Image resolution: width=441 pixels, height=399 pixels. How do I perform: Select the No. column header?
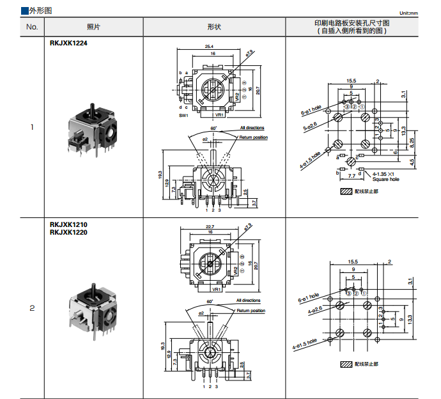click(x=32, y=27)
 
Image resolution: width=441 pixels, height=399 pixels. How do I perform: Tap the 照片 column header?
click(x=93, y=27)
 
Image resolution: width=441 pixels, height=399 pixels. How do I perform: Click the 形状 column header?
click(x=214, y=27)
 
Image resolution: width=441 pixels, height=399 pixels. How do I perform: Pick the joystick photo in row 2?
click(x=93, y=311)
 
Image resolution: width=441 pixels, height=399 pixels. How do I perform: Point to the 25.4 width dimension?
click(x=210, y=47)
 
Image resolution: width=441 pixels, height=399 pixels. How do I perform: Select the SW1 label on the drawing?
click(x=183, y=116)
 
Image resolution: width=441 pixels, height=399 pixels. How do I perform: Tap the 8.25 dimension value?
click(x=412, y=141)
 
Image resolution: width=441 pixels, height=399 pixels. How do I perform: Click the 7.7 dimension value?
click(x=352, y=175)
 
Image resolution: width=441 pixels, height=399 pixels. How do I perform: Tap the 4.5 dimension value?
click(x=412, y=162)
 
